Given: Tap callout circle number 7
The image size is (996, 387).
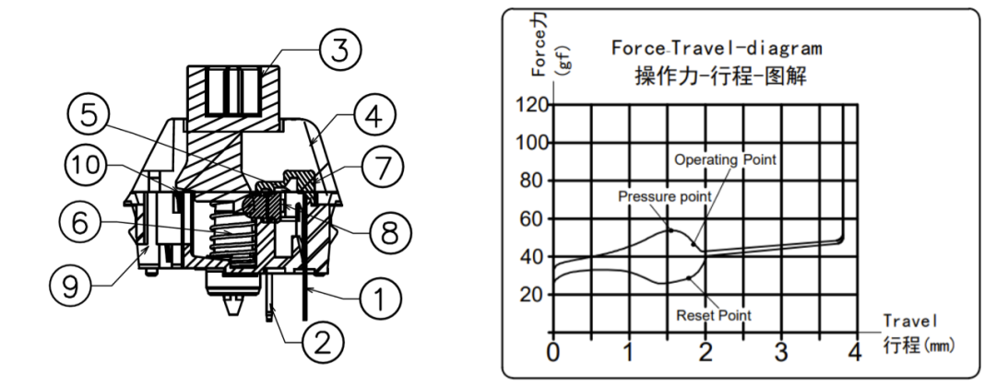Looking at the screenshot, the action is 378,168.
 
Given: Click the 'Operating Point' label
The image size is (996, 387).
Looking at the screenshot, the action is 726,159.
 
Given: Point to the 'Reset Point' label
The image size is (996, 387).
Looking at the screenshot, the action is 713,315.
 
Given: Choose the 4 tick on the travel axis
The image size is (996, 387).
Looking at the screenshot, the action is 855,351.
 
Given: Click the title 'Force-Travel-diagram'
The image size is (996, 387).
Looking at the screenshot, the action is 716,47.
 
